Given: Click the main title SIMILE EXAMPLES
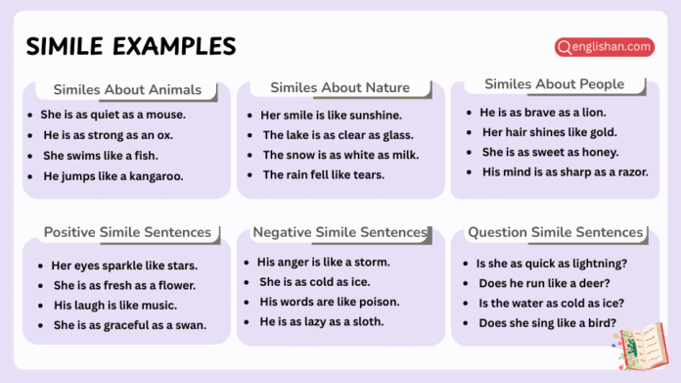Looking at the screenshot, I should click(x=130, y=46).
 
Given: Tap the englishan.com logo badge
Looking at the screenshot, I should click(x=604, y=46).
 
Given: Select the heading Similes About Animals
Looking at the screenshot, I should click(x=126, y=90).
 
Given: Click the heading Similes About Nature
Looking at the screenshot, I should click(x=340, y=88).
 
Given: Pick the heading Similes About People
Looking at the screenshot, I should click(x=554, y=84).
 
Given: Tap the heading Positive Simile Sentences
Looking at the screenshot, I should click(x=127, y=232).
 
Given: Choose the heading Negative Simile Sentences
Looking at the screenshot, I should click(x=340, y=232).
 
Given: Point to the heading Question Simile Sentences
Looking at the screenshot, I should click(x=555, y=232).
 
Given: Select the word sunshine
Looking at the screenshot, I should click(x=369, y=115).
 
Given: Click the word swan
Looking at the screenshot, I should click(x=191, y=325).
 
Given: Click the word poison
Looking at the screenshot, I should click(x=378, y=302).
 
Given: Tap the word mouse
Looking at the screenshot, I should click(x=165, y=115).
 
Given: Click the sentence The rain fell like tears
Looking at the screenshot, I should click(x=323, y=175).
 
